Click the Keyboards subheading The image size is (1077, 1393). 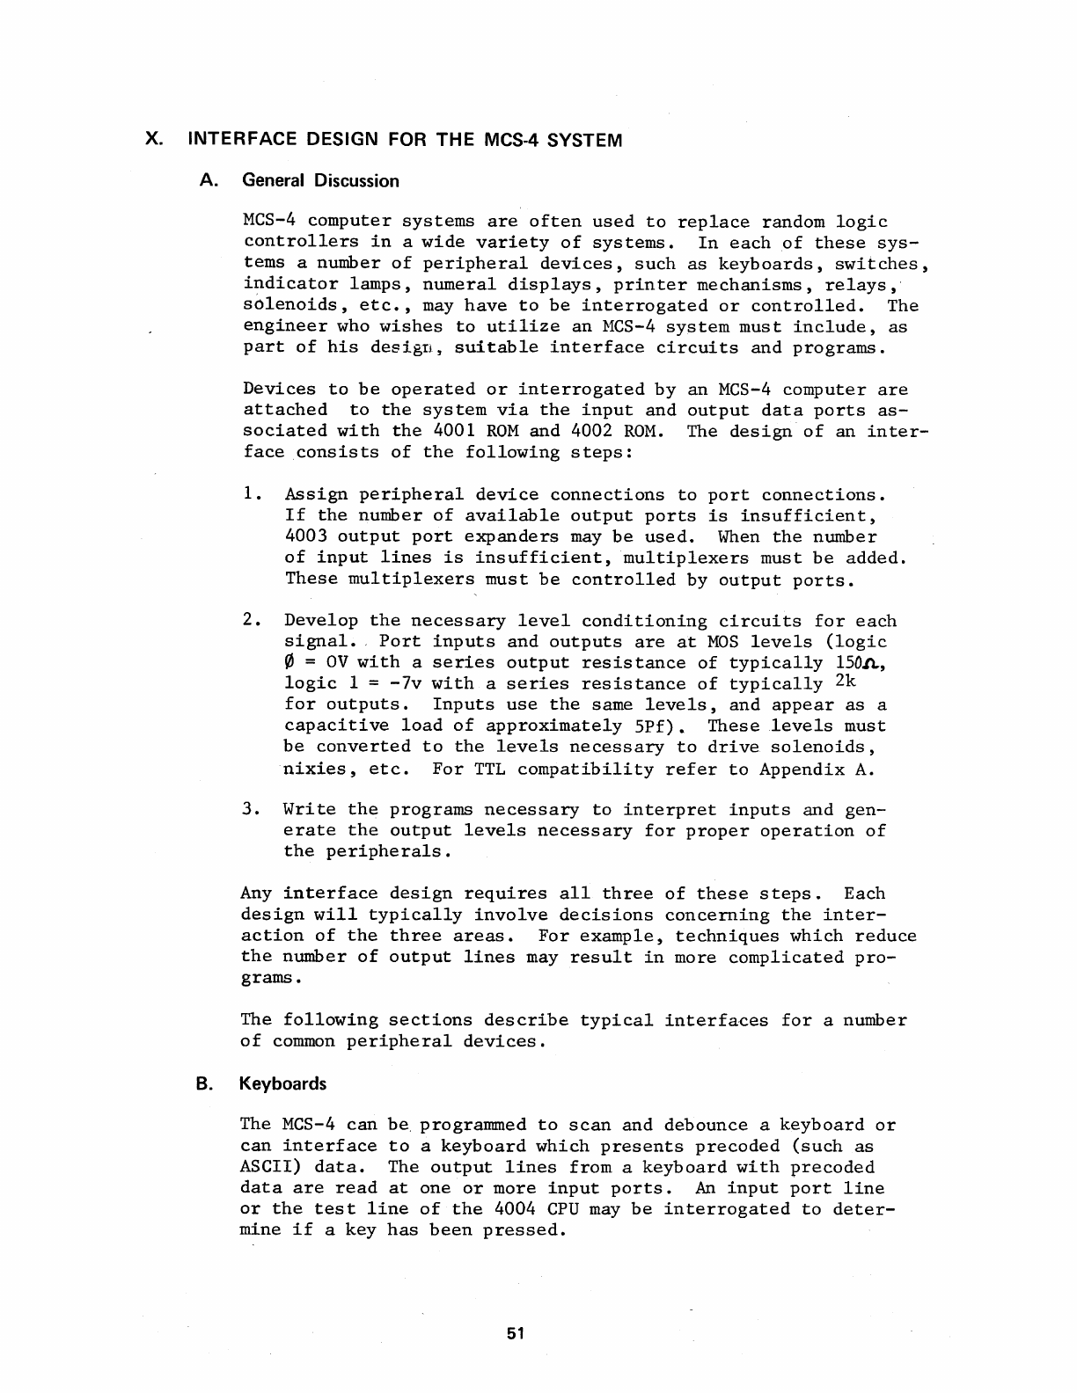pos(282,1083)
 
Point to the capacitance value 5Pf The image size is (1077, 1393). pos(651,726)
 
